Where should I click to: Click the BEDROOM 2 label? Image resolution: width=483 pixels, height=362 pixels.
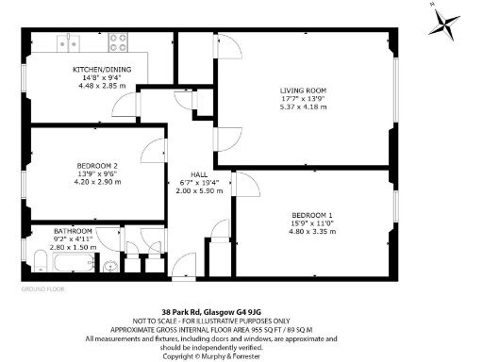click(97, 167)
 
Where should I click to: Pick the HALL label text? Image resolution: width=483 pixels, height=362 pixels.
click(200, 174)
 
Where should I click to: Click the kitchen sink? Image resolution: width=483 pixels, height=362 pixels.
click(68, 42)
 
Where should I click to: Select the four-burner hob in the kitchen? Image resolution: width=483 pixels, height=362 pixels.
click(119, 41)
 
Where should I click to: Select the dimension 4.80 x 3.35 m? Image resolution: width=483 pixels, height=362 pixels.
click(310, 231)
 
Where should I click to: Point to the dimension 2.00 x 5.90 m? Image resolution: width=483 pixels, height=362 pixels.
click(200, 191)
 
